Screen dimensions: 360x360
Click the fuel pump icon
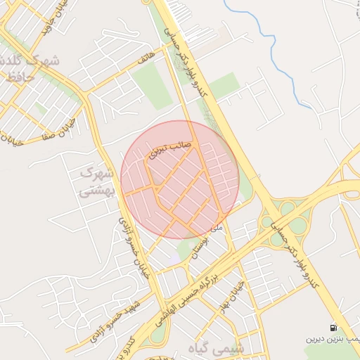(x=333, y=328)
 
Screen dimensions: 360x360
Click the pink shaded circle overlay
(x=180, y=180)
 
